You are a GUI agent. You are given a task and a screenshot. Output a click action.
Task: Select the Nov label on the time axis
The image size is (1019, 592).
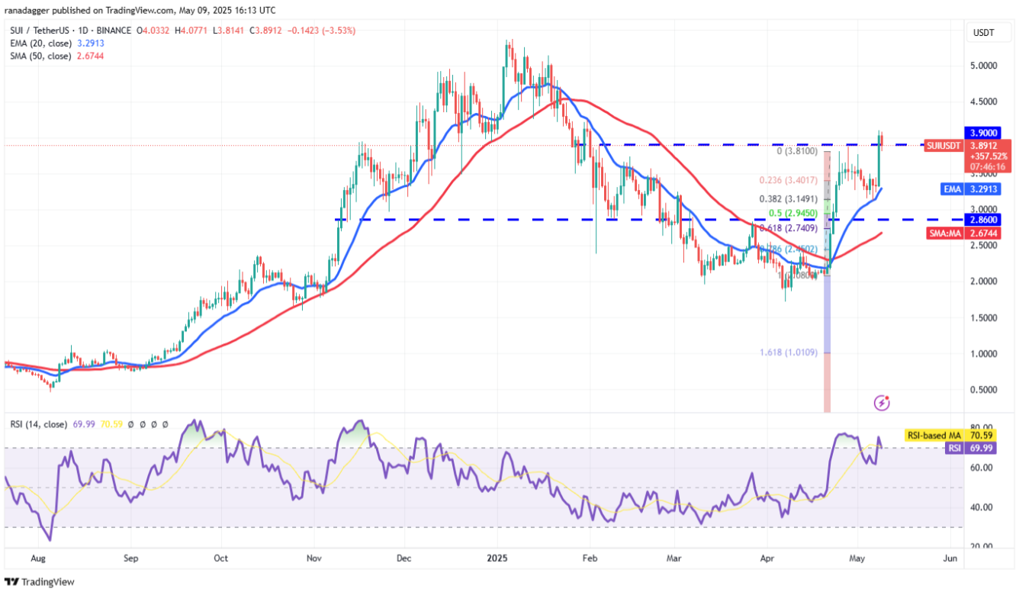[x=313, y=558]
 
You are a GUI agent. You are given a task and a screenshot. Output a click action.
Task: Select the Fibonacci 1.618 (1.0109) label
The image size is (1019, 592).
[x=789, y=353]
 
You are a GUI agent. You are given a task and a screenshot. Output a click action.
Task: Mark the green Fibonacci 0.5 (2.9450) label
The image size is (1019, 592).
[x=789, y=213]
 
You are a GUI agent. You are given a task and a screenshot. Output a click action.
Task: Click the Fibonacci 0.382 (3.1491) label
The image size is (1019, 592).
[x=789, y=198]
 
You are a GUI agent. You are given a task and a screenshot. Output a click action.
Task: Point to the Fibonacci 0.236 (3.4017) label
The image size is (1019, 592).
[x=789, y=181]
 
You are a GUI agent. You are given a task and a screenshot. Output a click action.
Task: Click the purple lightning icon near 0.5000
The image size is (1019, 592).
[x=882, y=402]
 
